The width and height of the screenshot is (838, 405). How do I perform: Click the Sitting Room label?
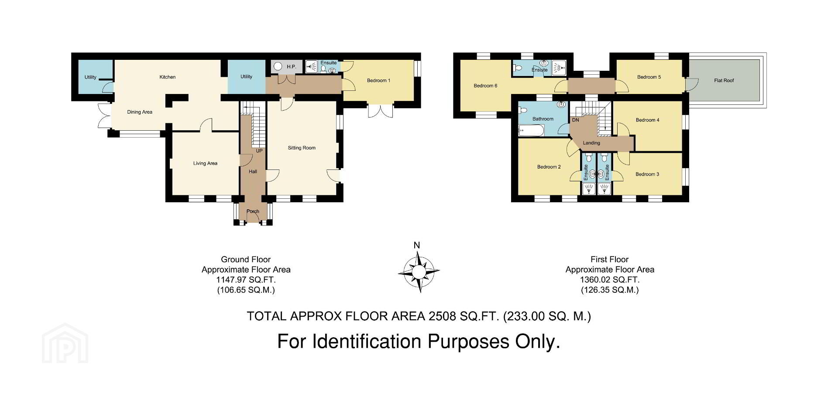click(x=302, y=148)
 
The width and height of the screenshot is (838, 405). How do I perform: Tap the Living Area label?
click(x=205, y=163)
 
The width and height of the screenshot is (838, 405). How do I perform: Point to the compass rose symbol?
click(x=419, y=273)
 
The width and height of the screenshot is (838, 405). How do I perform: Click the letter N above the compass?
click(x=417, y=245)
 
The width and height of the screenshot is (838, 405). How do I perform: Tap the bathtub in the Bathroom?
click(x=531, y=130)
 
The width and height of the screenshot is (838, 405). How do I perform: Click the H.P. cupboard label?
click(x=292, y=67)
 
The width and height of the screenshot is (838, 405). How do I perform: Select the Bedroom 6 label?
click(x=485, y=86)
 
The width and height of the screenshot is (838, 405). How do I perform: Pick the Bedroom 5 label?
click(x=649, y=77)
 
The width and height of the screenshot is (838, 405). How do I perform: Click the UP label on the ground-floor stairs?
click(x=259, y=151)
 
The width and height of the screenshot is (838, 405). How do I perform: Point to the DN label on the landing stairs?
click(x=575, y=120)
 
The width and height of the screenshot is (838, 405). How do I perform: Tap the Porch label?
click(x=253, y=211)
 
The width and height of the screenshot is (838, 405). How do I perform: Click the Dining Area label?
click(x=140, y=112)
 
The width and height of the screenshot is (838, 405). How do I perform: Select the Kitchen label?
click(x=168, y=77)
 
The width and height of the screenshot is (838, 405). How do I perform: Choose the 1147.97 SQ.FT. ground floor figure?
click(x=246, y=280)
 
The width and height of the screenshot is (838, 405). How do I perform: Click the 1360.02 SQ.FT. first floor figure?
click(x=610, y=280)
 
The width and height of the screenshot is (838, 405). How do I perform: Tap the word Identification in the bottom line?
click(x=367, y=342)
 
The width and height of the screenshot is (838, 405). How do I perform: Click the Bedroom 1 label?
click(x=378, y=81)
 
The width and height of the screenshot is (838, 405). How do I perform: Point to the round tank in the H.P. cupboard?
click(x=278, y=67)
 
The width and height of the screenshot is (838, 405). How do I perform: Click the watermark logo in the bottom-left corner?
click(x=65, y=343)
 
